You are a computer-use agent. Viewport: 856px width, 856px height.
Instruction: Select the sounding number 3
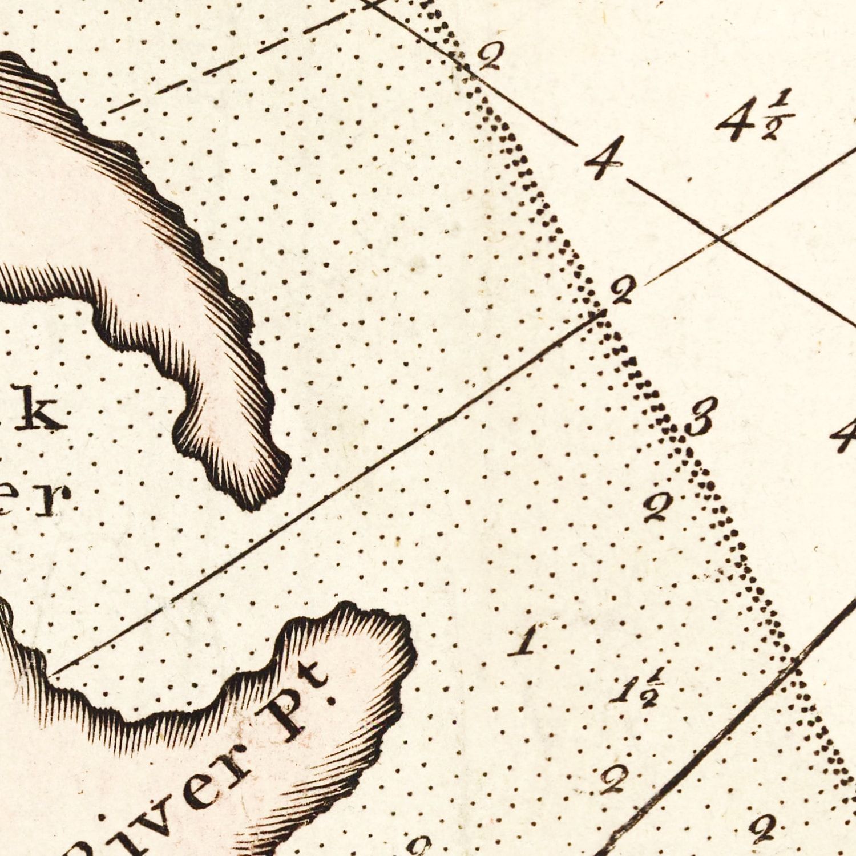click(x=700, y=422)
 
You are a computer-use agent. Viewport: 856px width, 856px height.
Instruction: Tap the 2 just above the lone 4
click(x=490, y=57)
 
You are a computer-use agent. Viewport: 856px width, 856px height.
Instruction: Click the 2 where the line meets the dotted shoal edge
click(x=622, y=293)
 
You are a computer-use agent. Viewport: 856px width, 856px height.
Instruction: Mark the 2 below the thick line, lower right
click(x=765, y=830)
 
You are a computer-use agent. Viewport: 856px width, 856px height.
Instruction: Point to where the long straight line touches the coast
click(x=50, y=675)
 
